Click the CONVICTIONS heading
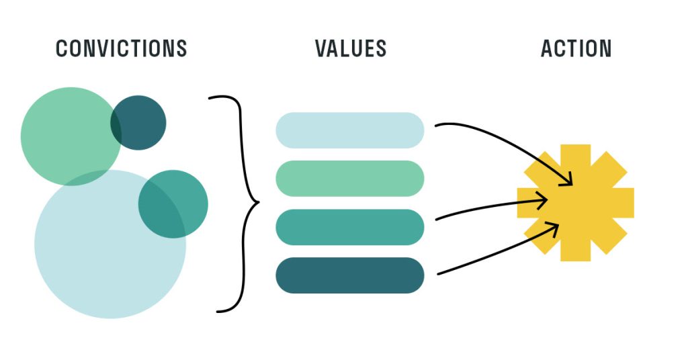click(121, 48)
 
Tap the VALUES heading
click(351, 48)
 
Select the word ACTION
click(576, 48)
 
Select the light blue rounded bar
click(349, 130)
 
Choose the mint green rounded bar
click(349, 179)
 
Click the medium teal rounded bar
click(349, 227)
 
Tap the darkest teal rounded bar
click(349, 275)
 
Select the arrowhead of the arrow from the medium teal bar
click(543, 199)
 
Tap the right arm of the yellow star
click(621, 203)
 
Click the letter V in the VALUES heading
click(321, 48)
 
